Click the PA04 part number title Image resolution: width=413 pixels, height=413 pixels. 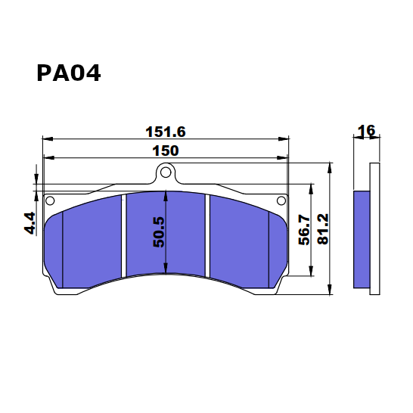(x=68, y=73)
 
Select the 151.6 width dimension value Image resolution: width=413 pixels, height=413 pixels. (x=165, y=132)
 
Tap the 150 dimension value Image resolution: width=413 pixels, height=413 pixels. (x=165, y=151)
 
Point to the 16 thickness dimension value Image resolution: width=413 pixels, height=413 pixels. (x=366, y=131)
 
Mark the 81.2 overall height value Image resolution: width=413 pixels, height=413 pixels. (x=323, y=228)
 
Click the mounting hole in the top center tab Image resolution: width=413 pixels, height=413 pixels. (x=166, y=173)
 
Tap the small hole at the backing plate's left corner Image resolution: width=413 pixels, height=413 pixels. (x=51, y=201)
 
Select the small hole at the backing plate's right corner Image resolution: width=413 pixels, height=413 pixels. (x=281, y=200)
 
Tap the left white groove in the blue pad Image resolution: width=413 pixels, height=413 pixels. (x=124, y=234)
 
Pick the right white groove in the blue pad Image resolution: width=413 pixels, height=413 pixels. (x=209, y=234)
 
